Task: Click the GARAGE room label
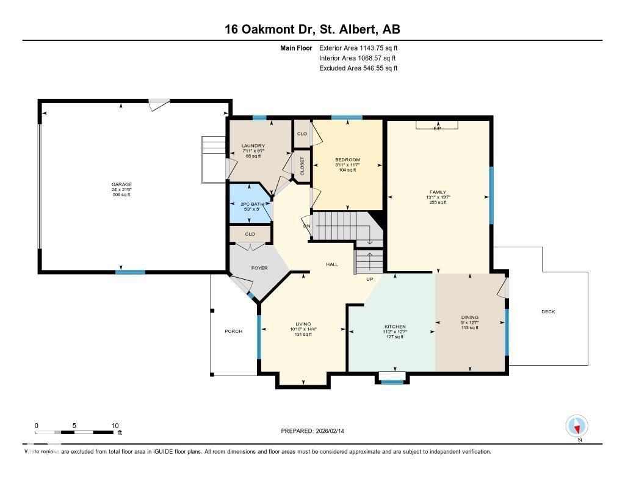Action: pyautogui.click(x=121, y=184)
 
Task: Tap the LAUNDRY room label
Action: pyautogui.click(x=253, y=145)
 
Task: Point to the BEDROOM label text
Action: pyautogui.click(x=347, y=160)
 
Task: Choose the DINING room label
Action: pyautogui.click(x=469, y=317)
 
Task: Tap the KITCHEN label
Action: pyautogui.click(x=395, y=327)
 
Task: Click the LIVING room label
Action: pyautogui.click(x=303, y=324)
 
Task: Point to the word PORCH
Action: pyautogui.click(x=233, y=332)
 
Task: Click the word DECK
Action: pyautogui.click(x=548, y=312)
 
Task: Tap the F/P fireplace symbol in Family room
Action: pyautogui.click(x=437, y=128)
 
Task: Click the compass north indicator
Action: pyautogui.click(x=576, y=426)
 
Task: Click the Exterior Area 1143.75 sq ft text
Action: pyautogui.click(x=358, y=48)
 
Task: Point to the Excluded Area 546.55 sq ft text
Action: pyautogui.click(x=358, y=68)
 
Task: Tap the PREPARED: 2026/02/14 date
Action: pyautogui.click(x=317, y=431)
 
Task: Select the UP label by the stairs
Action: pyautogui.click(x=369, y=280)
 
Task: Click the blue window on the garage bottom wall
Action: pyautogui.click(x=130, y=272)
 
